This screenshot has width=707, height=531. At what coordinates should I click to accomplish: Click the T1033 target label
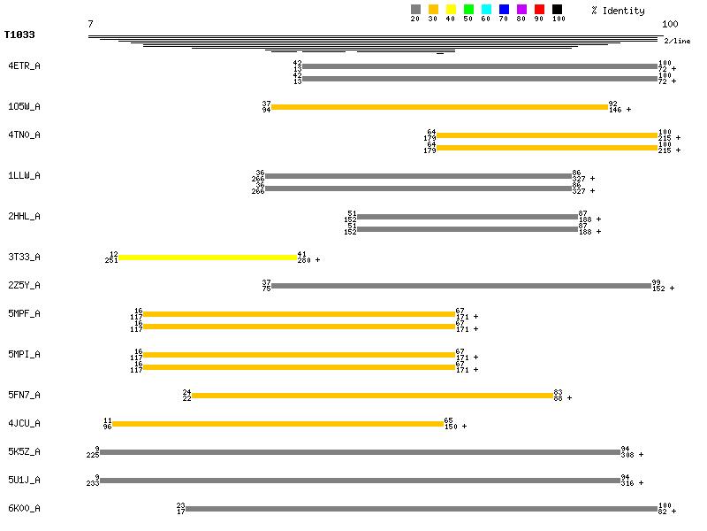point(19,35)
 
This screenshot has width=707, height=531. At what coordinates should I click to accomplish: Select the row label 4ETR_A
point(24,65)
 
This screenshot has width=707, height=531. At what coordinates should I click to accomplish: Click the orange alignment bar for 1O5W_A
point(439,107)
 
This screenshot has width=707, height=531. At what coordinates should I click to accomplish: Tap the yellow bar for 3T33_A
point(208,258)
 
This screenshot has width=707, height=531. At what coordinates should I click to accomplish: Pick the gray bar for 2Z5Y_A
point(461,286)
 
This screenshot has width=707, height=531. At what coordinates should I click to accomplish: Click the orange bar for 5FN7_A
point(372,396)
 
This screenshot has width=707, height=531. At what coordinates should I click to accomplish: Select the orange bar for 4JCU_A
point(277,424)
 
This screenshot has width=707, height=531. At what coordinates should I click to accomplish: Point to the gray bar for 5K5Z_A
point(360,452)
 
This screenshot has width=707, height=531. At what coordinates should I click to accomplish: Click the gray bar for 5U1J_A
point(360,481)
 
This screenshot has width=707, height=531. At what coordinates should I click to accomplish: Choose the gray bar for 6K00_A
point(422,509)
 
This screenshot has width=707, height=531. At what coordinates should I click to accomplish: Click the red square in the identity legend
point(539,10)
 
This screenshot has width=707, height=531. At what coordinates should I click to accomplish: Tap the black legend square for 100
point(557,10)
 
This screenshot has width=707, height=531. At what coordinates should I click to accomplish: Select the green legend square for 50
point(468,10)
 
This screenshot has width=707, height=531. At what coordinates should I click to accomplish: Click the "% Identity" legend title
point(618,11)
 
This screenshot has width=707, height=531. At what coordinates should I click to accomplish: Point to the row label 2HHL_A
point(24,216)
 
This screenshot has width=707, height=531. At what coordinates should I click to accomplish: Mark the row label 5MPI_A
point(24,354)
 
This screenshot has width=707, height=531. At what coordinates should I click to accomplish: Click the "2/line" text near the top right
point(677,41)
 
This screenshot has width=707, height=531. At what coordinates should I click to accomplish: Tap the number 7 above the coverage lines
point(90,24)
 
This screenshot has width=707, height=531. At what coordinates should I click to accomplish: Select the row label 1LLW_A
point(24,175)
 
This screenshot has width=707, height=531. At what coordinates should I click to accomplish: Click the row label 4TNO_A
point(24,135)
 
